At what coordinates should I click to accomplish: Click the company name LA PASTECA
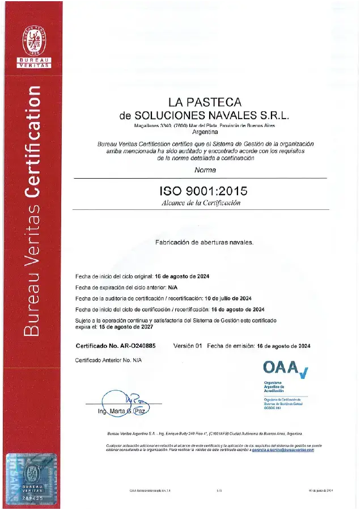click(x=205, y=103)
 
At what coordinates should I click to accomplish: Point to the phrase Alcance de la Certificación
click(x=201, y=203)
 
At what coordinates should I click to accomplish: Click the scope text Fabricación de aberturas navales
click(x=204, y=242)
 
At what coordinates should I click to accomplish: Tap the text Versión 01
click(x=187, y=345)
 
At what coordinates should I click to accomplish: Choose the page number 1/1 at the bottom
click(x=219, y=490)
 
